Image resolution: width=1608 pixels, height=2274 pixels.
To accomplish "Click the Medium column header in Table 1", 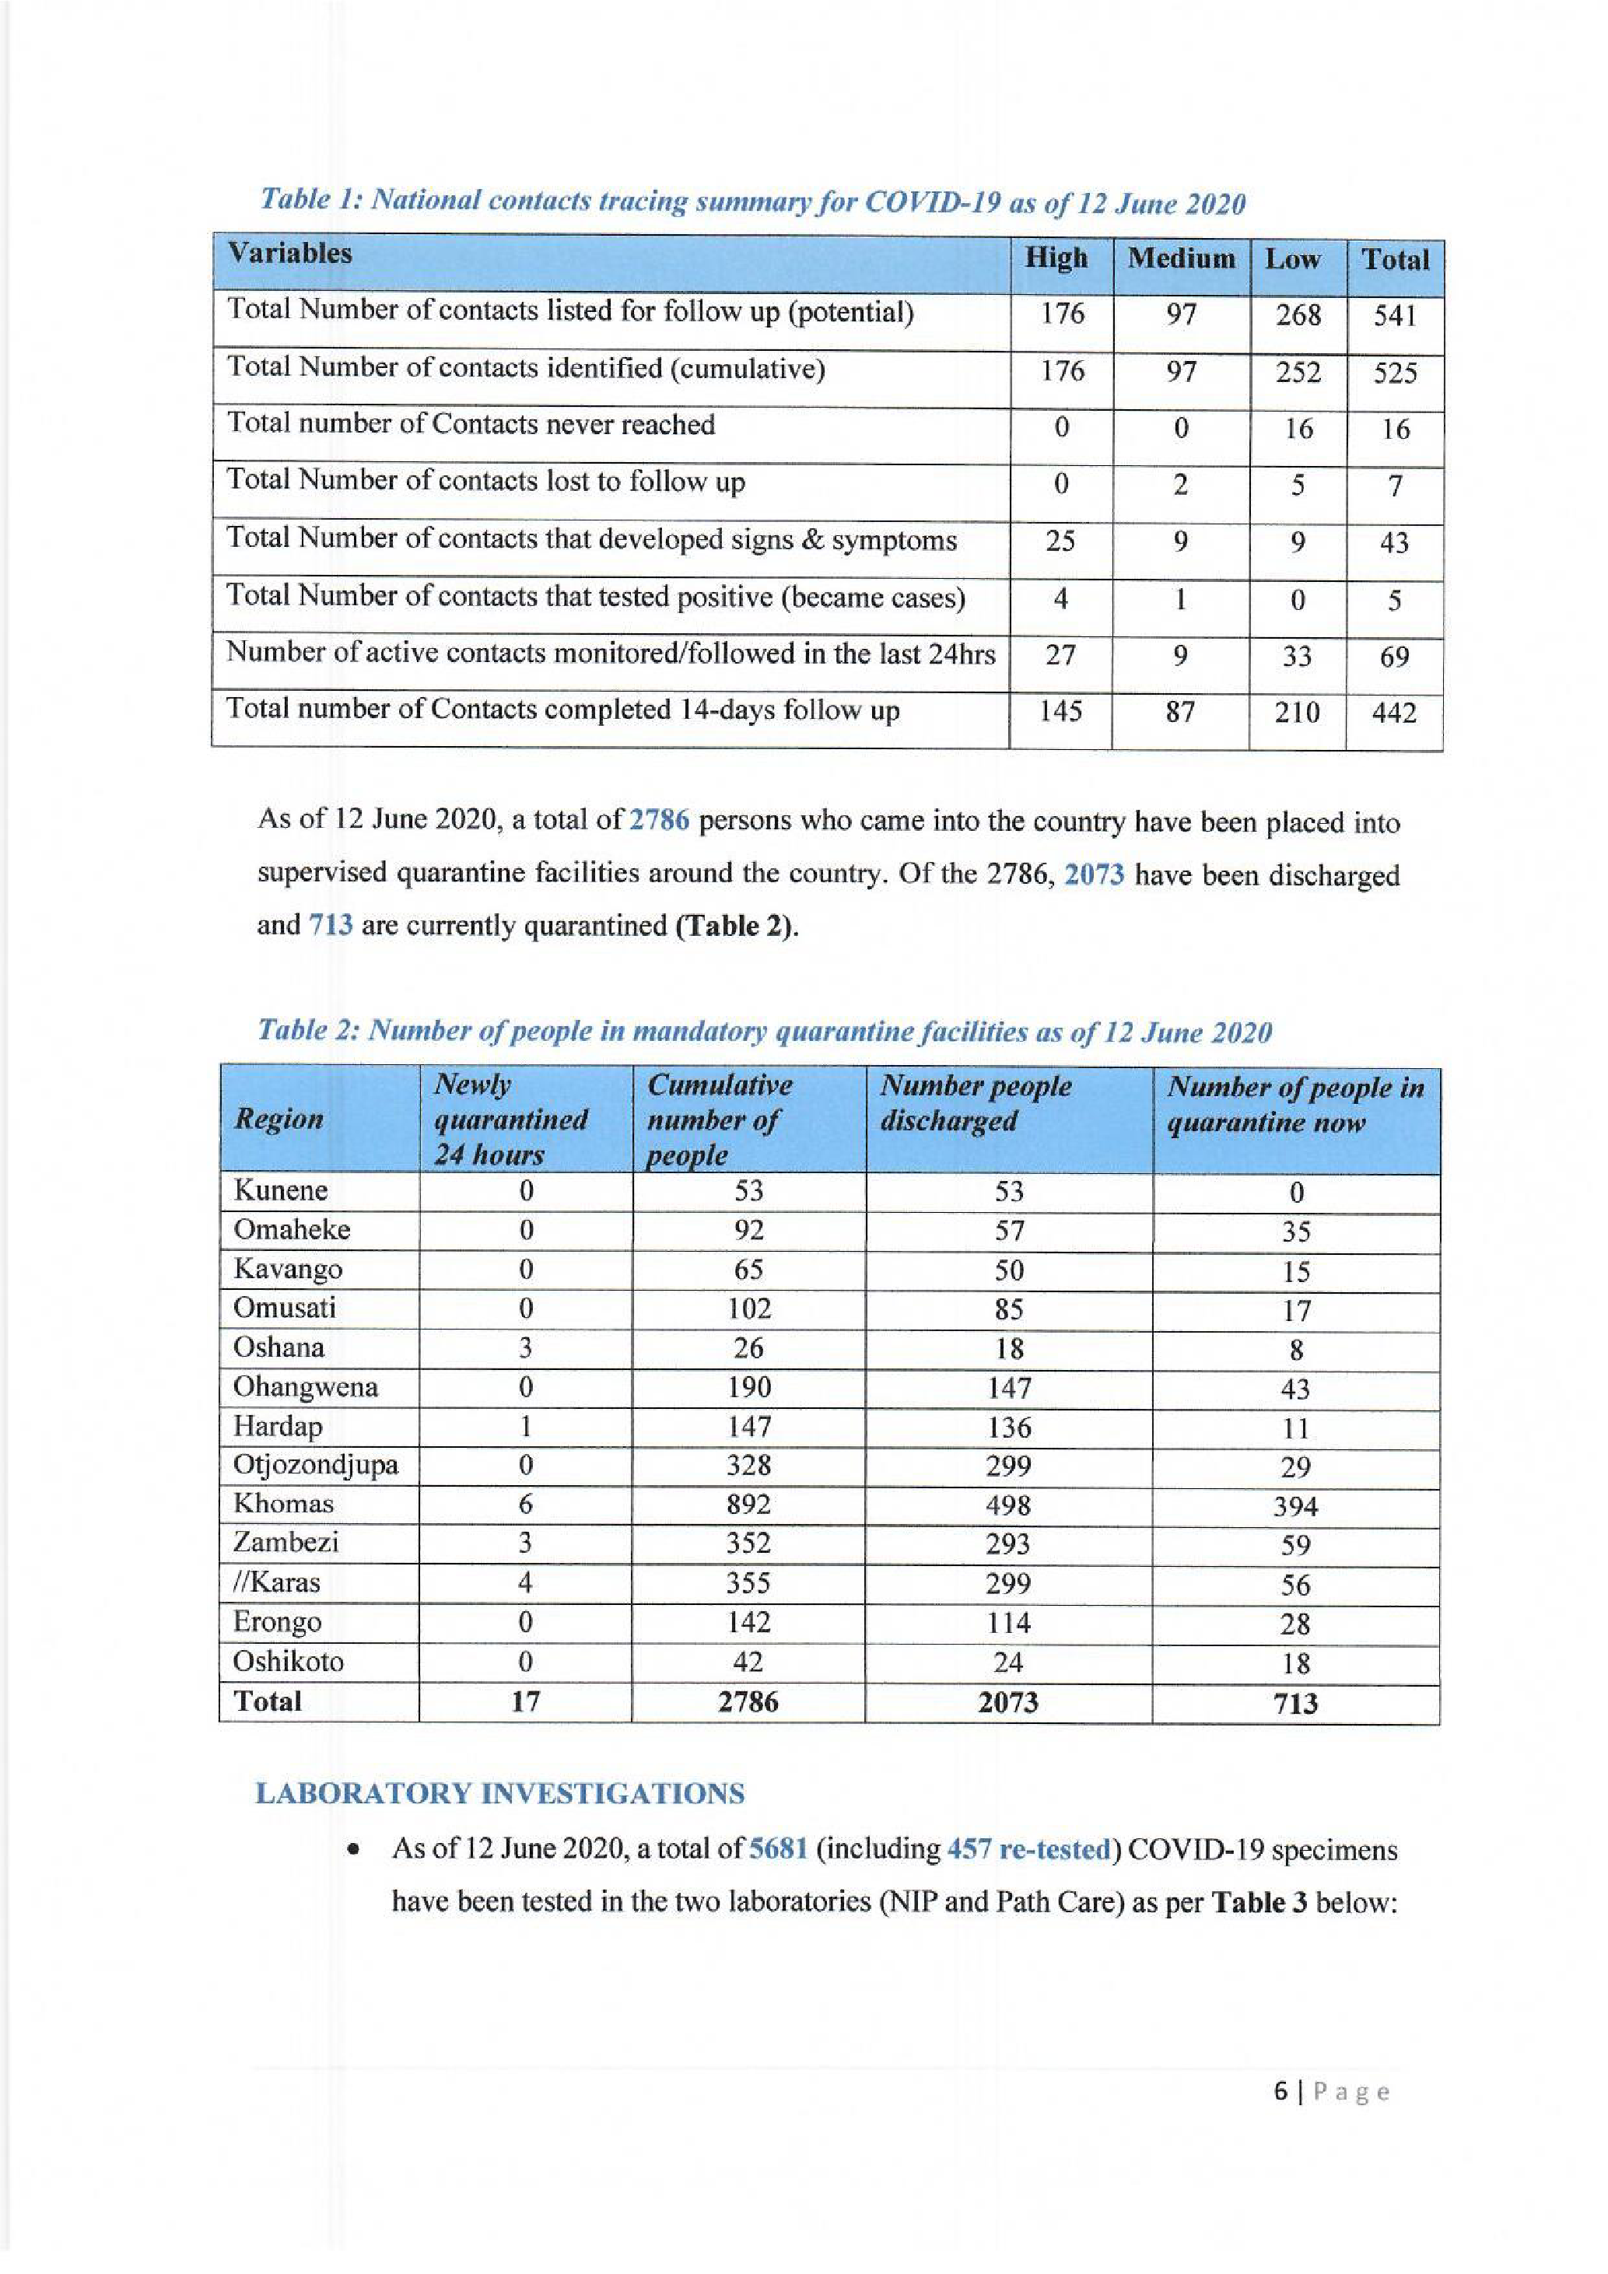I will (x=1180, y=260).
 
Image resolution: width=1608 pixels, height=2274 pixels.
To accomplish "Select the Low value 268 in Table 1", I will (x=1297, y=315).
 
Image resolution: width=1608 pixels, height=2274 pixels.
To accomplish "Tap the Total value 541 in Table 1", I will (x=1394, y=317).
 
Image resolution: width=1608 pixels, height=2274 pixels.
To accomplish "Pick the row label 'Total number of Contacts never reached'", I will (x=471, y=425).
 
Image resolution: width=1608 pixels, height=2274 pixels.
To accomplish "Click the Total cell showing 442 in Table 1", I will (x=1393, y=713).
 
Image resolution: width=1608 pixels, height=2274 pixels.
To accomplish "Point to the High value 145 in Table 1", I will (x=1060, y=711).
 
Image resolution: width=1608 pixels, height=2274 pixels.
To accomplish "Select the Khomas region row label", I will (x=283, y=1504).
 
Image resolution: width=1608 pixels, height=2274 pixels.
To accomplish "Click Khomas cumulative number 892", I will (x=748, y=1505).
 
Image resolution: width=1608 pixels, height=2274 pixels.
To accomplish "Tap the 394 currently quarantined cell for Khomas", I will (x=1295, y=1506).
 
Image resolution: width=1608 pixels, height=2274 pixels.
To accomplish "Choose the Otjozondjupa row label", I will (x=316, y=1464).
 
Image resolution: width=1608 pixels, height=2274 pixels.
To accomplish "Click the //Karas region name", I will (x=276, y=1582).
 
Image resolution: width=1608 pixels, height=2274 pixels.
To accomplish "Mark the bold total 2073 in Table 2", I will (x=1008, y=1701).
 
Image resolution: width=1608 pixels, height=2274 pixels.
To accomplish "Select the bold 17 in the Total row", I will (x=525, y=1701).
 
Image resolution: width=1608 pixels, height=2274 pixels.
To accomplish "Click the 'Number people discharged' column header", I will (x=976, y=1103).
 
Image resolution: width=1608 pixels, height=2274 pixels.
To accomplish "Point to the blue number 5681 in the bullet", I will (x=779, y=1849).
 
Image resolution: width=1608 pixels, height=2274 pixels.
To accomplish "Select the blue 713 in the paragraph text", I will (x=331, y=925).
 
